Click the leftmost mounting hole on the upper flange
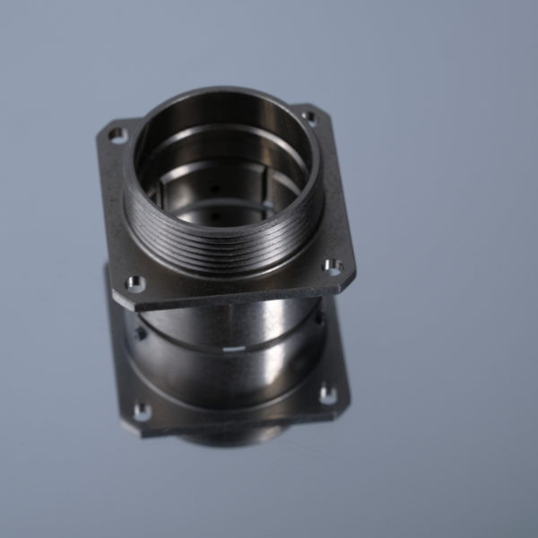coord(117,135)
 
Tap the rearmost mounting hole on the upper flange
coord(309,117)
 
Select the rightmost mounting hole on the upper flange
coord(332,266)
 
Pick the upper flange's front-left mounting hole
coord(134,283)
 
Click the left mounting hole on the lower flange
coord(142,412)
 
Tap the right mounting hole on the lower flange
coord(328,395)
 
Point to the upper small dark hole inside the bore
coord(213,188)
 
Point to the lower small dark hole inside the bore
coord(215,216)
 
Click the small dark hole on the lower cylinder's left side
coord(141,334)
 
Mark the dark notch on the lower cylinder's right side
coord(318,318)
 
